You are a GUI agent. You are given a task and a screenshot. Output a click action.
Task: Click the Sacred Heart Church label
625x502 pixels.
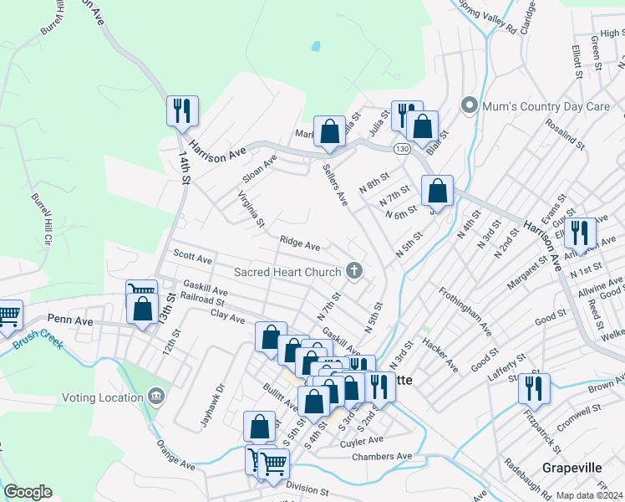coord(287,272)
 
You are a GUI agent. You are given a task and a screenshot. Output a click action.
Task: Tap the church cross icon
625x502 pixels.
coord(355,271)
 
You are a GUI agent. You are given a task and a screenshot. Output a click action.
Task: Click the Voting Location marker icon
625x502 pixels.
coord(156,396)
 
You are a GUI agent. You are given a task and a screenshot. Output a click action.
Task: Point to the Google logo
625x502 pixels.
coord(28,492)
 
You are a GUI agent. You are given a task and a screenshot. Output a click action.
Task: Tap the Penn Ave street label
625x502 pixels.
coord(69,319)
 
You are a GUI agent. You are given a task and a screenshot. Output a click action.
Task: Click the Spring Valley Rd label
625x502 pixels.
coord(488,17)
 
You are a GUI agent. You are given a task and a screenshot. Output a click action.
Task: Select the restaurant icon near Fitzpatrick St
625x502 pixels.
coord(532,388)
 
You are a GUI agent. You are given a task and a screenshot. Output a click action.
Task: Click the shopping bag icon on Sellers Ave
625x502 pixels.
coord(330,131)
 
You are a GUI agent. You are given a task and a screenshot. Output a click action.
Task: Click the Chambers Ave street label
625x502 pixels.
coord(383,456)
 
